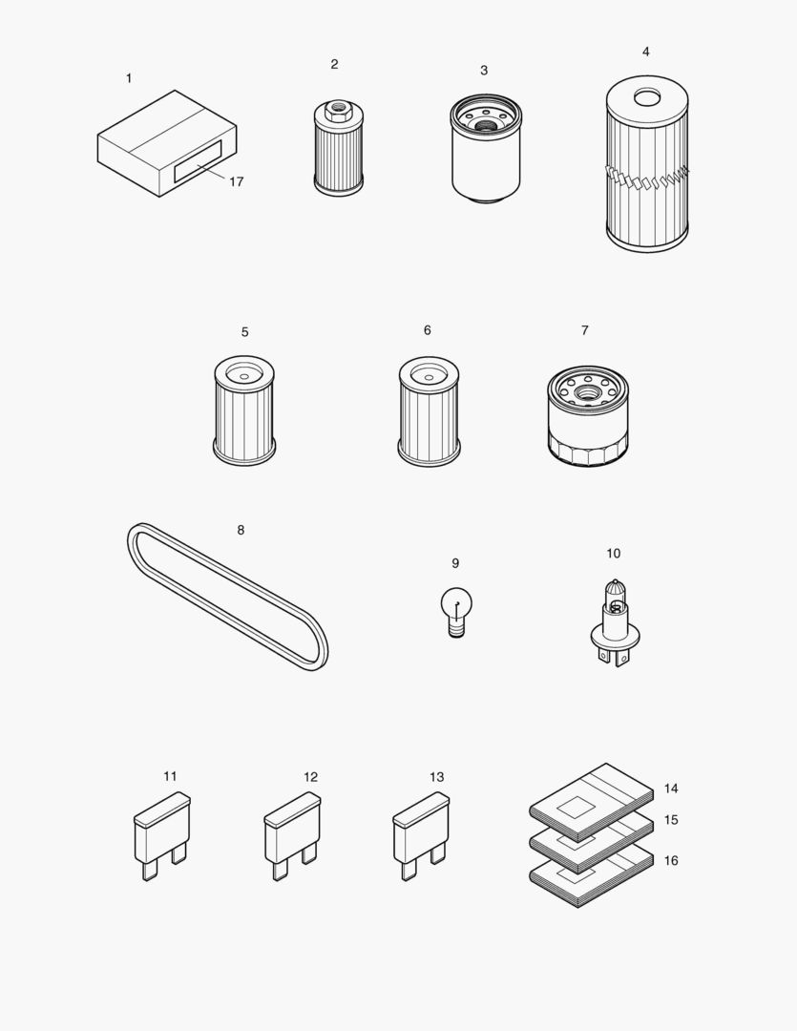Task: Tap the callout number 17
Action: coord(236,181)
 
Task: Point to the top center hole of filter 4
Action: coord(647,96)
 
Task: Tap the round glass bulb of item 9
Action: coord(454,602)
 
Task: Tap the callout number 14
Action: coord(671,789)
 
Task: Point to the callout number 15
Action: coord(671,820)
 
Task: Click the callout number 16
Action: coord(671,860)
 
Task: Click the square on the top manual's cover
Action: coord(577,807)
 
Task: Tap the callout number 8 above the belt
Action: coord(241,530)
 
